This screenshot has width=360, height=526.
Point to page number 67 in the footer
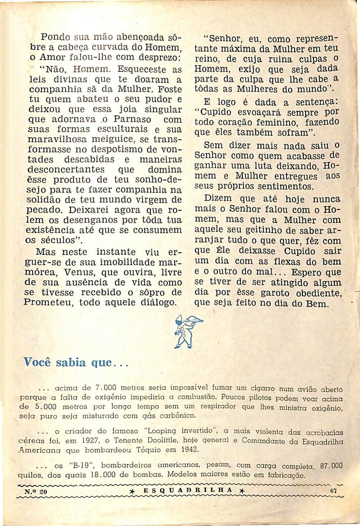pos(334,491)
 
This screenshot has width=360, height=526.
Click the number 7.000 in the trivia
pos(107,388)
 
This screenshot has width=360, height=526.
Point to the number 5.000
pos(45,407)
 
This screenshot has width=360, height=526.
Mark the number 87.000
pos(332,466)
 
